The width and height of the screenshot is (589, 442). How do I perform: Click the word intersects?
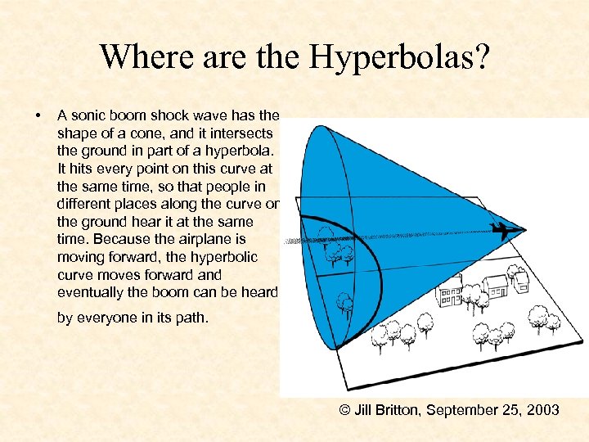pyautogui.click(x=245, y=133)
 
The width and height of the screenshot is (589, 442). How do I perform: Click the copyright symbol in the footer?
pyautogui.click(x=345, y=409)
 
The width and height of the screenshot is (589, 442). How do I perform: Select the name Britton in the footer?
pyautogui.click(x=397, y=409)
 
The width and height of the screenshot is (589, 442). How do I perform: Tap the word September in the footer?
pyautogui.click(x=465, y=409)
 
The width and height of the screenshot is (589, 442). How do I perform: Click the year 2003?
pyautogui.click(x=542, y=409)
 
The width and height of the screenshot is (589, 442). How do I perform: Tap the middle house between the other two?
pyautogui.click(x=496, y=286)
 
